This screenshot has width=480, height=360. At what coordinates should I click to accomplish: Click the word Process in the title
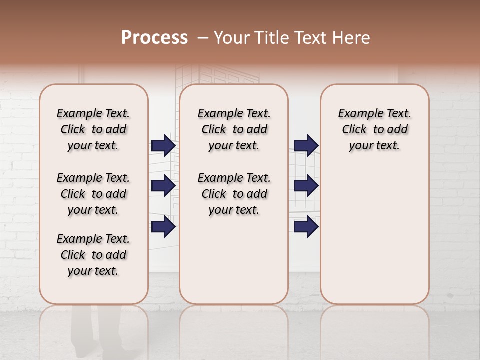(x=154, y=38)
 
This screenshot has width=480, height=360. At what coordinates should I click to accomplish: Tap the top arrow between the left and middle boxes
(x=163, y=145)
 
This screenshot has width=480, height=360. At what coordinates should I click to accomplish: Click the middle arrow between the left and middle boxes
(x=163, y=186)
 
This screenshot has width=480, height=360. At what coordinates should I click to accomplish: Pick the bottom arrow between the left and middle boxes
(x=163, y=227)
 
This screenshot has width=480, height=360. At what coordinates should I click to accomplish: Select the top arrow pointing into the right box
(x=306, y=145)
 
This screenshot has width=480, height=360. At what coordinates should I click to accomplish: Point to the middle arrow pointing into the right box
(x=306, y=186)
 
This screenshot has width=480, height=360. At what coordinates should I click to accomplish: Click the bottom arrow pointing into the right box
(x=306, y=227)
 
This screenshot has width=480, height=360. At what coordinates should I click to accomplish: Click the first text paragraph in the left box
(x=93, y=129)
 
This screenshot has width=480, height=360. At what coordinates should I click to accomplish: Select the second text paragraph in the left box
(x=93, y=194)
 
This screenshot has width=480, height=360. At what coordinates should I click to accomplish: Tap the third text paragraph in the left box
(x=93, y=255)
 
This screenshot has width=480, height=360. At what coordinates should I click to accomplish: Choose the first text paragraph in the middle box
(x=234, y=129)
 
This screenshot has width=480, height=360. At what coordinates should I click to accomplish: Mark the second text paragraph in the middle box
(x=234, y=194)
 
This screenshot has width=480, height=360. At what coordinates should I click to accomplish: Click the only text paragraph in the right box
(x=374, y=129)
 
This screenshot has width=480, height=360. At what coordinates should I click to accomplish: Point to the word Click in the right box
(x=354, y=130)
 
